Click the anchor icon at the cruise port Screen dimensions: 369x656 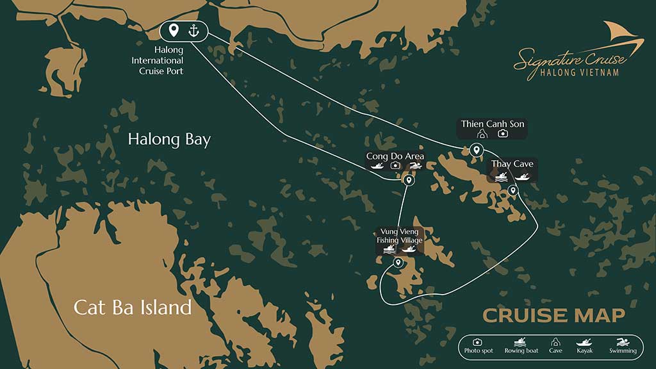point(193,30)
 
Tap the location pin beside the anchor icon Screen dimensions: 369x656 point(173,30)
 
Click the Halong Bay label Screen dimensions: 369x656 point(169,140)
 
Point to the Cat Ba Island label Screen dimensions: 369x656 point(133,307)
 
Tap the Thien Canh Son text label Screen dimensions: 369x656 point(493,124)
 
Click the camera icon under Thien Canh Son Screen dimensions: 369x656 point(503,134)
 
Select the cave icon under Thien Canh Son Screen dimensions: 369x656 point(482,134)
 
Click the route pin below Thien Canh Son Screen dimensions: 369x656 point(475,150)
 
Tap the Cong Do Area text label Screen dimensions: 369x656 point(395,156)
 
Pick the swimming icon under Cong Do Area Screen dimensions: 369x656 point(416,166)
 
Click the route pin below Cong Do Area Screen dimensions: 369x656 point(409,181)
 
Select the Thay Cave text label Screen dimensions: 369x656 point(512,164)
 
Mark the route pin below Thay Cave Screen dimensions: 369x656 point(512,190)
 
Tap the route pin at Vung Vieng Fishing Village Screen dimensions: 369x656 point(398,263)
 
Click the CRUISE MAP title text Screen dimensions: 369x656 point(553,315)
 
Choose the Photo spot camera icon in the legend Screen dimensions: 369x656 point(477,343)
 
